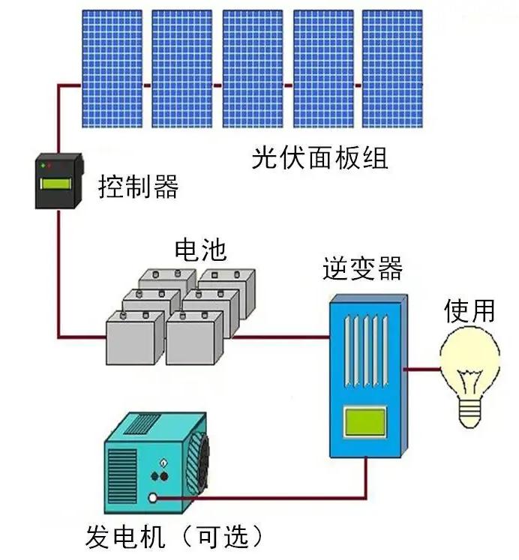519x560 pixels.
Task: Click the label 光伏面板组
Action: point(319,158)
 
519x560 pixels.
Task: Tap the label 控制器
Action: point(138,186)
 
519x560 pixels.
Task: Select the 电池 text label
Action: point(200,250)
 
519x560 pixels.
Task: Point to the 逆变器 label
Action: point(362,268)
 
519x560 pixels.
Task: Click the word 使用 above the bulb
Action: point(469,310)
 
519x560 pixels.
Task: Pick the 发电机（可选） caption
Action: point(175,536)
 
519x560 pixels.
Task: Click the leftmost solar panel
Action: point(112,68)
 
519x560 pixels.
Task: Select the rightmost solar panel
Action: point(392,68)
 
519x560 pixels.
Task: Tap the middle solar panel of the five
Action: point(253,68)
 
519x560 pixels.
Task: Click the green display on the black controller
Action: point(55,184)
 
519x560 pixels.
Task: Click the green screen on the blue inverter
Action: point(364,422)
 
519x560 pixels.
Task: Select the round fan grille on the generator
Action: point(198,463)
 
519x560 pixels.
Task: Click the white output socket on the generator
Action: point(152,498)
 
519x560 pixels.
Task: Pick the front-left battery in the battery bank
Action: point(135,338)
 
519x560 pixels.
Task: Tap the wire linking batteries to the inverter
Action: point(280,337)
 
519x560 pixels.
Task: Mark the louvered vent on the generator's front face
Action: point(122,476)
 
